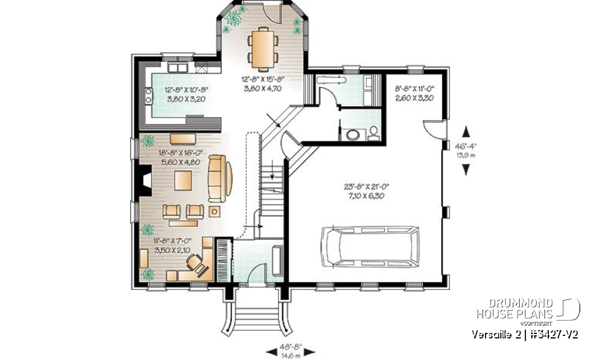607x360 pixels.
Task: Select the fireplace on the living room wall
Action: point(145,180)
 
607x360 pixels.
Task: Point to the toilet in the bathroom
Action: point(374,133)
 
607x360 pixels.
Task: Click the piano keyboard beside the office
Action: point(223,256)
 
